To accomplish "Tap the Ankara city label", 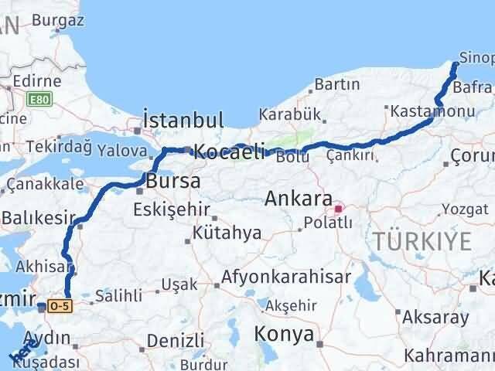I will pyautogui.click(x=299, y=198).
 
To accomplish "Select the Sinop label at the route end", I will pyautogui.click(x=476, y=57).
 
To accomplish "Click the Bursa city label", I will pyautogui.click(x=174, y=182).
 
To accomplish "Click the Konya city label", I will pyautogui.click(x=285, y=335).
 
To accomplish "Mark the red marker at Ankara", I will pyautogui.click(x=338, y=208).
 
